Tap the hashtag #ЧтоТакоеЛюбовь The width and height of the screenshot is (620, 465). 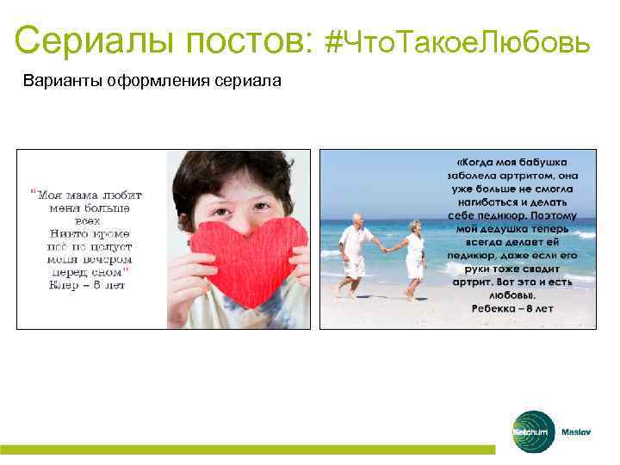[x=459, y=40]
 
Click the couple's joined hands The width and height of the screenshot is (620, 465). [x=384, y=248]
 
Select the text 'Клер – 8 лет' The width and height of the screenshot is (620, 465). [x=85, y=285]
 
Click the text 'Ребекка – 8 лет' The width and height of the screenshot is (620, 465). [x=512, y=307]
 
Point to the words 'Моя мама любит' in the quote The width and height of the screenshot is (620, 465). [x=85, y=195]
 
